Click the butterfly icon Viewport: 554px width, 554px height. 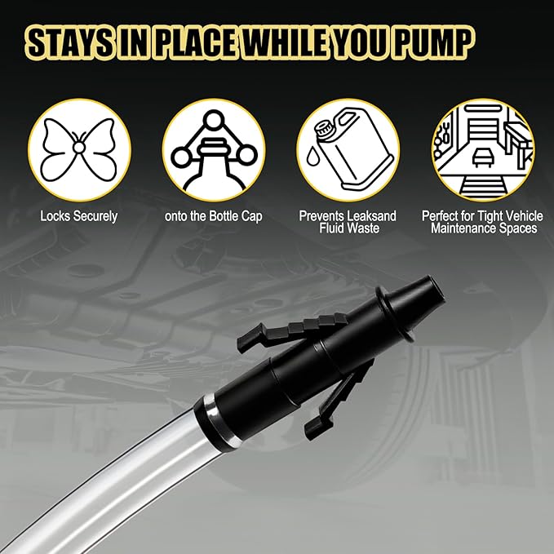(x=79, y=149)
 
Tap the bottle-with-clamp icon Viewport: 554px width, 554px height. (x=213, y=149)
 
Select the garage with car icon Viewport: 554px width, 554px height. (x=482, y=149)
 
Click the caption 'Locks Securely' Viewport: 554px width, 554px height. (x=79, y=216)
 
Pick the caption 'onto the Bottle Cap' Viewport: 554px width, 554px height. (x=213, y=216)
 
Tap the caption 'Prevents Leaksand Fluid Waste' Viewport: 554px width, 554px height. (x=348, y=222)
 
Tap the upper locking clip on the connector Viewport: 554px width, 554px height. (x=281, y=326)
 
